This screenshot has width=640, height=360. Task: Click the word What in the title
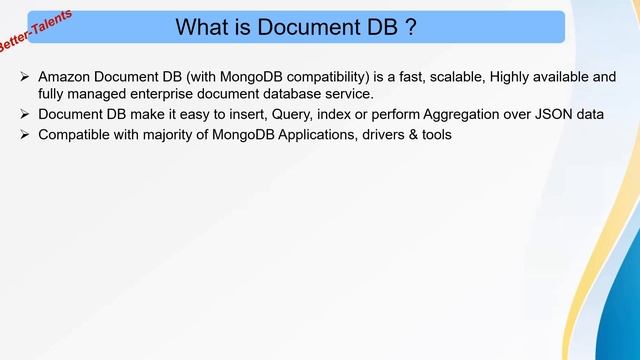click(203, 27)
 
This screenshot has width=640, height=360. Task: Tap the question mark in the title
click(410, 27)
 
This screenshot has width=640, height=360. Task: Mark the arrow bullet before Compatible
click(24, 134)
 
